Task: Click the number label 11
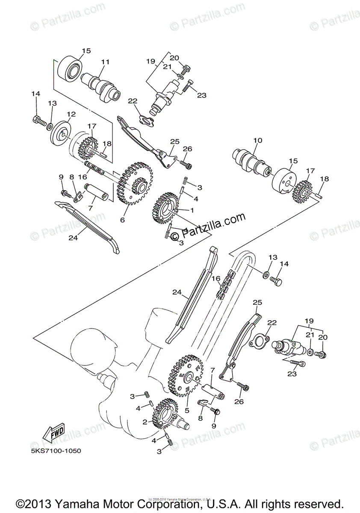click(105, 62)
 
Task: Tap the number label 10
click(257, 140)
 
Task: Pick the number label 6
click(122, 220)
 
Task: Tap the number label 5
click(186, 410)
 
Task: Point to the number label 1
click(192, 210)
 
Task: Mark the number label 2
click(145, 422)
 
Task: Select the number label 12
click(71, 114)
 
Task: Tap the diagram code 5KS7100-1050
click(56, 451)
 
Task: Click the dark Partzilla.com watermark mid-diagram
click(214, 225)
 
